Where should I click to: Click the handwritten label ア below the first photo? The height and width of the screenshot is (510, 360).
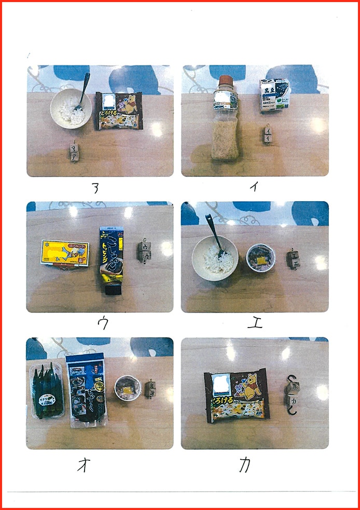95,189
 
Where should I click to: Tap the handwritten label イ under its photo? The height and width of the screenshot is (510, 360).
254,187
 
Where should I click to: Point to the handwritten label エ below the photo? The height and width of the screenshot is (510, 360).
255,323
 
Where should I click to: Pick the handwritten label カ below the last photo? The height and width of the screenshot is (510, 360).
245,465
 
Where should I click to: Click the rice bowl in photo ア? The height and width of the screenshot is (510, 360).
71,109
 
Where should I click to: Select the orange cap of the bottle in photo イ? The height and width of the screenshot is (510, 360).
225,82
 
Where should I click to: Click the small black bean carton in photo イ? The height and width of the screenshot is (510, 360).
274,95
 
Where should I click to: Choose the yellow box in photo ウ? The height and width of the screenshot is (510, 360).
65,253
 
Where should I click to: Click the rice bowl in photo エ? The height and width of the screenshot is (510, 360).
215,258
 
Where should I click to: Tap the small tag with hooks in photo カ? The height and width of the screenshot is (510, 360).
292,394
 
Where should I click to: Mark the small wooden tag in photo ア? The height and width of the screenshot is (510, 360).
74,152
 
